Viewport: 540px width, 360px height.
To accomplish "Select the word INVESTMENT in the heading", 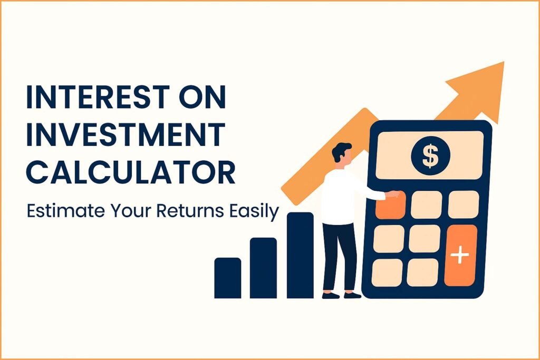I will coord(125,137).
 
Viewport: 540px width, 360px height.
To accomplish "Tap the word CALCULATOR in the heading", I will coord(131,172).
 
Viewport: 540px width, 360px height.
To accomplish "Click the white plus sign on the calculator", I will coord(460,256).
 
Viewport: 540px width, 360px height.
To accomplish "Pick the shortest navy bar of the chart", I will coord(227,278).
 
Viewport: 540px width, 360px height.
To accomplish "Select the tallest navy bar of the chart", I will coord(300,255).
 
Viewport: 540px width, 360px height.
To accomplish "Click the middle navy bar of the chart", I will coord(263,268).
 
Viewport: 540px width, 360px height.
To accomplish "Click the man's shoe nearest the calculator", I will coord(352,295).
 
